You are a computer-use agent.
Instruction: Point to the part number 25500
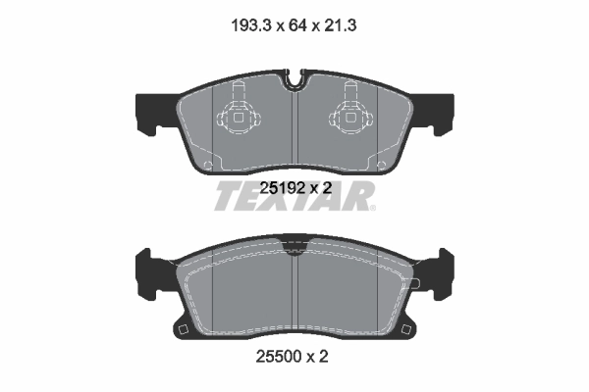pyautogui.click(x=279, y=358)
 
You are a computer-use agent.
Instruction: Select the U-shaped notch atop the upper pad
pyautogui.click(x=294, y=77)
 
